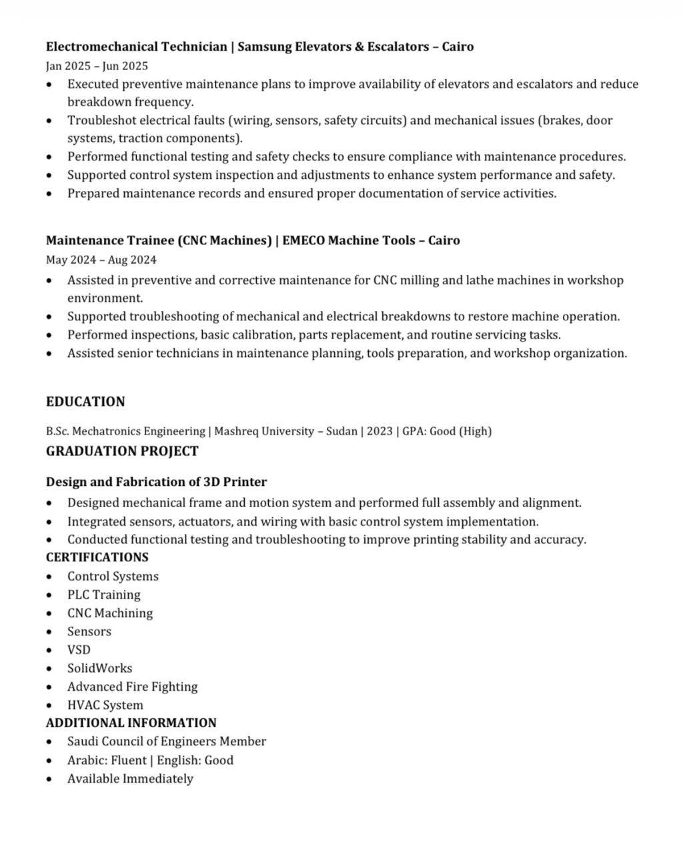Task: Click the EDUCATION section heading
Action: [x=85, y=402]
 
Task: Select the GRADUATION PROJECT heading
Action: [x=122, y=451]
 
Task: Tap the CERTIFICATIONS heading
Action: [x=97, y=557]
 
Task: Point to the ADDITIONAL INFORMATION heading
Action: [x=131, y=723]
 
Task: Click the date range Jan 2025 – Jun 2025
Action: [x=97, y=66]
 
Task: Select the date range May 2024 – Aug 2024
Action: [x=101, y=260]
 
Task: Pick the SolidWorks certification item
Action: [x=100, y=668]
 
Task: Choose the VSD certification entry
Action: [x=79, y=650]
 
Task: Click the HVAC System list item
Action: [x=105, y=705]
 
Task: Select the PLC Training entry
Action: [x=104, y=595]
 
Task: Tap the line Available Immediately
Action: [x=130, y=779]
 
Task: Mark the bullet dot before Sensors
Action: [x=49, y=632]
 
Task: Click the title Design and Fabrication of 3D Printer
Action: [x=156, y=482]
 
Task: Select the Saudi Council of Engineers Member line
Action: [x=167, y=742]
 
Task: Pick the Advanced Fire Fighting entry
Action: [x=133, y=687]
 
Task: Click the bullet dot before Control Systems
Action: [x=49, y=577]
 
